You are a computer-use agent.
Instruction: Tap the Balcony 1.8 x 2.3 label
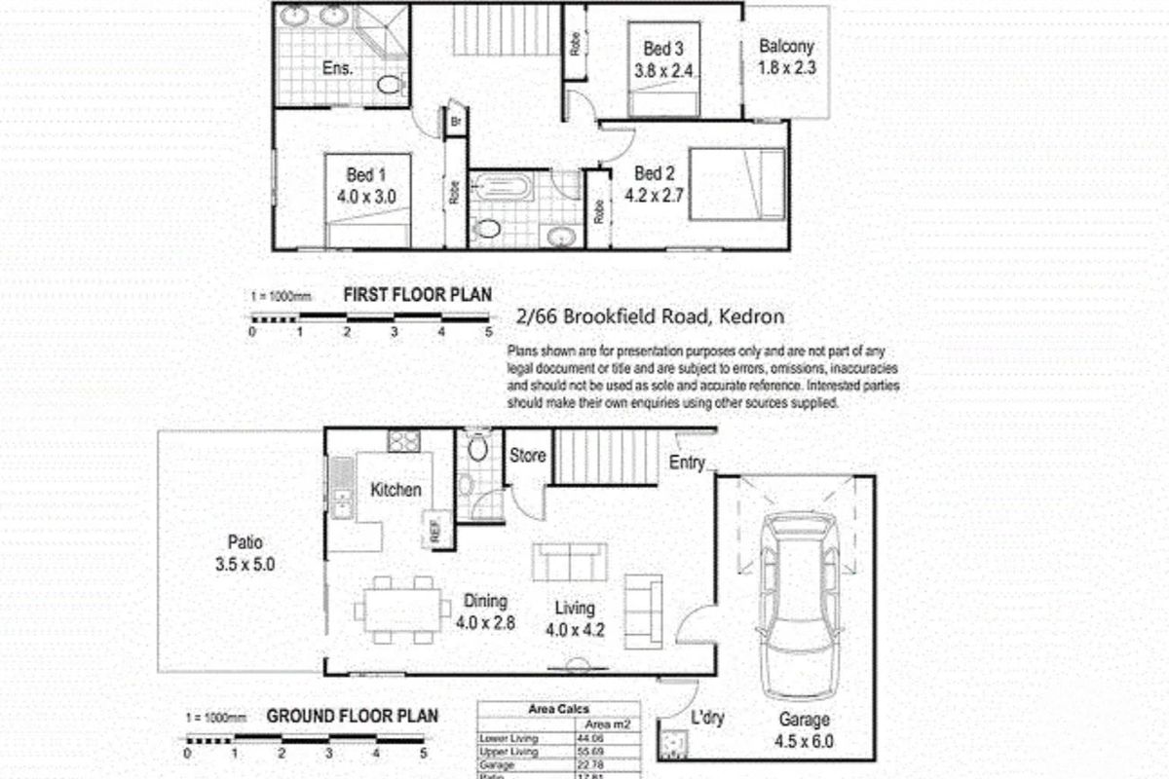click(x=786, y=56)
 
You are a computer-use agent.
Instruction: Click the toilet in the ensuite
click(x=391, y=84)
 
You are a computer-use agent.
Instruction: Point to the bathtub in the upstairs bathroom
click(x=500, y=186)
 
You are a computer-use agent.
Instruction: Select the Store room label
click(x=528, y=456)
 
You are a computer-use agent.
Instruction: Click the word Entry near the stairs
click(x=687, y=464)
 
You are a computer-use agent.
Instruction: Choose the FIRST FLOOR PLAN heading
click(x=417, y=294)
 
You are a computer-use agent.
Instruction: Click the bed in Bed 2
click(x=737, y=184)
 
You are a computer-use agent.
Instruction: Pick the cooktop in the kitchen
click(x=403, y=441)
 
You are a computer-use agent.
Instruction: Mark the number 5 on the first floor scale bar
click(x=488, y=332)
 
